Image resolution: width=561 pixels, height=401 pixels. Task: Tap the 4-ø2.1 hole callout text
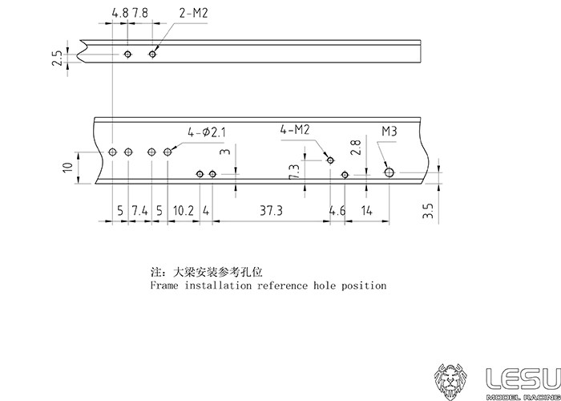[x=208, y=132]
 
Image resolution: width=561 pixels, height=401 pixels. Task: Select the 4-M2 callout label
[x=297, y=129]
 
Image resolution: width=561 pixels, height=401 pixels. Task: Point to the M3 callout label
[x=390, y=131]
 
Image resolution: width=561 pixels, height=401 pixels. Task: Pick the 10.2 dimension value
[x=184, y=210]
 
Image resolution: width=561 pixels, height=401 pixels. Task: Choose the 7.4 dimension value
[x=139, y=210]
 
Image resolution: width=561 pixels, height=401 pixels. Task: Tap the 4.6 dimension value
[x=337, y=210]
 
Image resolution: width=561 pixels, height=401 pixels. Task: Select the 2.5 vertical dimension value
[x=56, y=59]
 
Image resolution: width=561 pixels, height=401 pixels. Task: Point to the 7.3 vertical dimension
[x=294, y=172]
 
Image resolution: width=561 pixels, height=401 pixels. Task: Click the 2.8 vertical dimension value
[x=356, y=147]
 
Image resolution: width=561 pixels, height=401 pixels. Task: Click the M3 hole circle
[x=389, y=172]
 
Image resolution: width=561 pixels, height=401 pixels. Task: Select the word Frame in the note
[x=166, y=286]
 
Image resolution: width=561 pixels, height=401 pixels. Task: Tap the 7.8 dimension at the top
[x=139, y=14]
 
